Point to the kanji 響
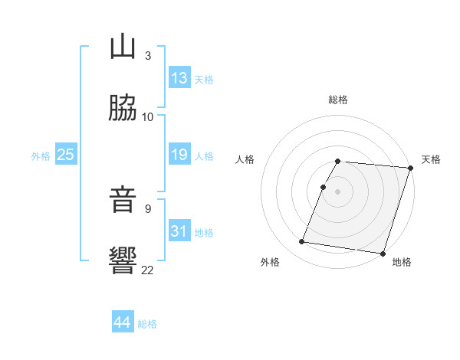(x=123, y=261)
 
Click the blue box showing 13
(x=179, y=77)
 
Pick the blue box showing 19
(x=179, y=155)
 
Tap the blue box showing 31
(x=179, y=231)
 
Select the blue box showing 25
(x=66, y=155)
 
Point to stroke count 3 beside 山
(x=148, y=55)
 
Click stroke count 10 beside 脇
(x=148, y=117)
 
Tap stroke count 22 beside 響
(x=148, y=270)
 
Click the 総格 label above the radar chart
(x=338, y=100)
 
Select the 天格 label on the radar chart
(x=431, y=159)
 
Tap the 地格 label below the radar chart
(x=402, y=262)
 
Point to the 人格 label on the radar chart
(x=245, y=159)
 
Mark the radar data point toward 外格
(x=302, y=242)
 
